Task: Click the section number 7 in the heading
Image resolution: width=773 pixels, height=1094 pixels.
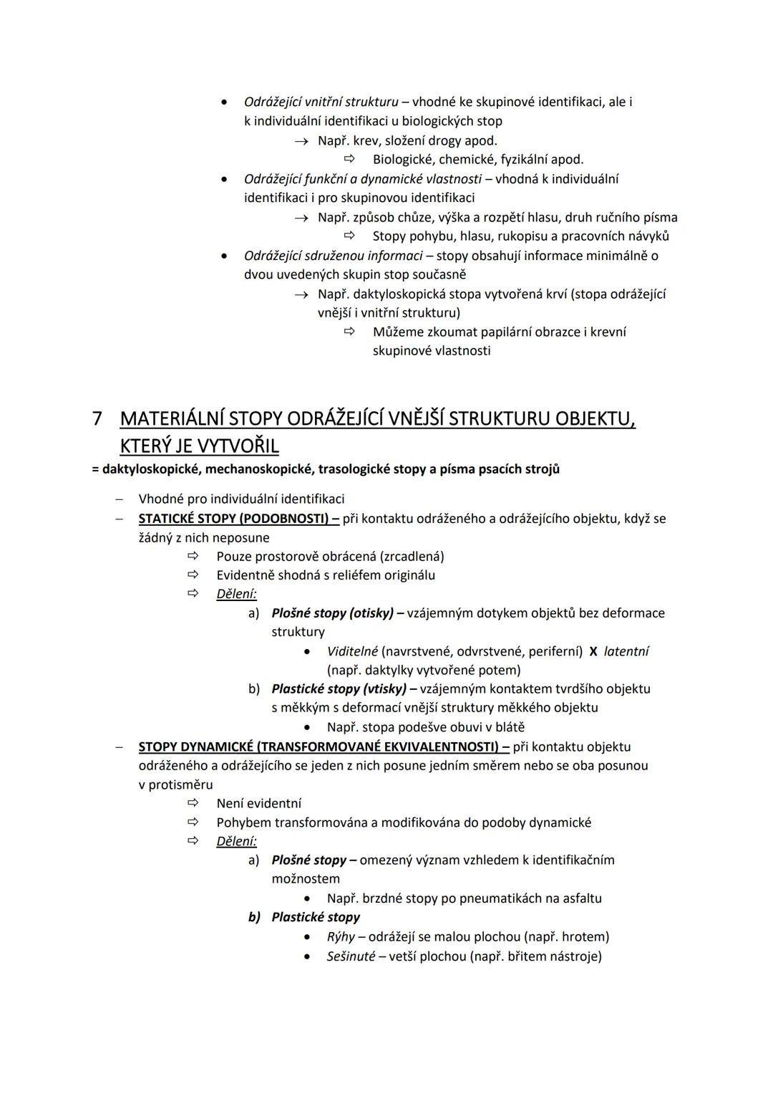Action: point(98,419)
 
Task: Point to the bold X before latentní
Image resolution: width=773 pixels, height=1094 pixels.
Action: point(593,652)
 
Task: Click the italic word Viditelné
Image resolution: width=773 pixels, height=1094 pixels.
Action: point(352,652)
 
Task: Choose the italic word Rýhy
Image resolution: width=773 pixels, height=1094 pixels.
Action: point(341,937)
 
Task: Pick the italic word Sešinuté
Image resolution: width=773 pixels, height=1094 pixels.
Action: point(351,956)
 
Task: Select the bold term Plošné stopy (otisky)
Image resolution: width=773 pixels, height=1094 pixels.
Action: point(332,613)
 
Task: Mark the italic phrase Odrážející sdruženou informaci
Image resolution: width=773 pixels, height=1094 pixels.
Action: point(333,256)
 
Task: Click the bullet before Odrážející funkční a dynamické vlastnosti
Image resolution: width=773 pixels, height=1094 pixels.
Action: point(225,179)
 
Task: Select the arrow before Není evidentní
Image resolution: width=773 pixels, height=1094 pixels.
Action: point(192,803)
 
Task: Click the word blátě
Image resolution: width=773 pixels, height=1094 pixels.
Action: point(509,727)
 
